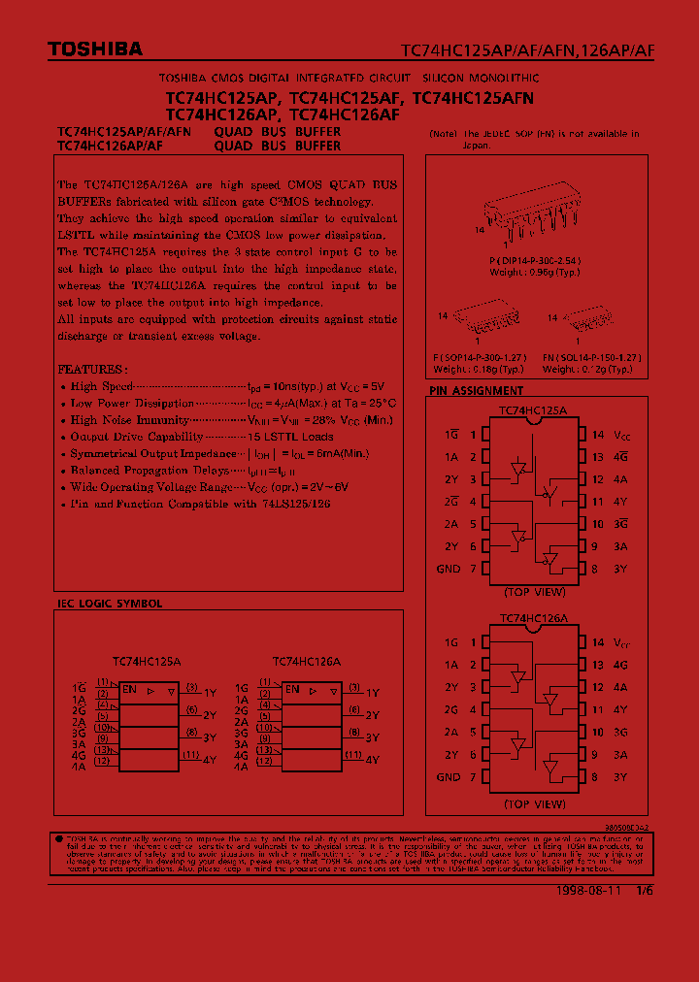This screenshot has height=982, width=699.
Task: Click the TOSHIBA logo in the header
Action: (95, 49)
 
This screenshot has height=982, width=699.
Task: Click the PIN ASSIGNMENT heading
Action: (476, 391)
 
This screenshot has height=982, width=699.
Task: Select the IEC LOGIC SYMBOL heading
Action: (110, 604)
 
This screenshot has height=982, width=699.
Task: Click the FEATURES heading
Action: (91, 370)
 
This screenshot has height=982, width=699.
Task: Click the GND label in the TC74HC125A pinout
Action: (449, 569)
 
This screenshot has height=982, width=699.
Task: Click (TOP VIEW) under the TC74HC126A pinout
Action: (534, 804)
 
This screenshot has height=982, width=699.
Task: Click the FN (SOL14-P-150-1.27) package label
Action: (592, 358)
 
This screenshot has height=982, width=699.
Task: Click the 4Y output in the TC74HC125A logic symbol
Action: (210, 759)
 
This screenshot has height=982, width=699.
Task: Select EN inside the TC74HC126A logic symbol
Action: (292, 689)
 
